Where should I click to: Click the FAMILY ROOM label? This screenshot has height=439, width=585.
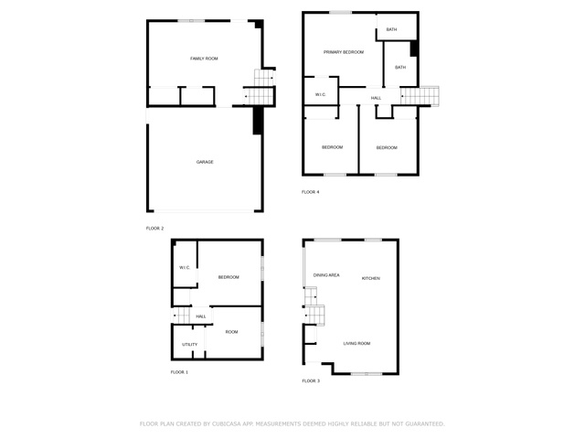[x=204, y=59]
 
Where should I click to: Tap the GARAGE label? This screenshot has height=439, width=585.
[x=205, y=162]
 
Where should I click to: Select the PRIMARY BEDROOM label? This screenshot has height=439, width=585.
[x=344, y=52]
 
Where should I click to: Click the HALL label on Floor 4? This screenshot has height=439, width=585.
[x=376, y=98]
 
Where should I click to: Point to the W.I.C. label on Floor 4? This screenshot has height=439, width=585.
[x=321, y=95]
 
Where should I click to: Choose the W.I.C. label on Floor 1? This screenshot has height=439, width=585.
[x=185, y=268]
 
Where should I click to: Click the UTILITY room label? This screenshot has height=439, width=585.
[x=190, y=345]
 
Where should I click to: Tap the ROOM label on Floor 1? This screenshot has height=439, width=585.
[x=231, y=332]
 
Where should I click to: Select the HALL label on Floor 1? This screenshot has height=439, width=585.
[x=201, y=316]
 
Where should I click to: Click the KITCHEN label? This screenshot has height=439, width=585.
[x=371, y=278]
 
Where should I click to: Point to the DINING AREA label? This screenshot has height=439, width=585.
[x=326, y=275]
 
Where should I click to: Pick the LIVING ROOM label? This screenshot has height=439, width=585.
[x=356, y=344]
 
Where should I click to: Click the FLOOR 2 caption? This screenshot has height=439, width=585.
[x=154, y=229]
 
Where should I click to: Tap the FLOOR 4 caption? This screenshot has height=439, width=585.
[x=311, y=192]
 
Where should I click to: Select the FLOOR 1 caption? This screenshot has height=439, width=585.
[x=179, y=372]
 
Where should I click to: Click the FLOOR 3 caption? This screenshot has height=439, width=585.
[x=311, y=381]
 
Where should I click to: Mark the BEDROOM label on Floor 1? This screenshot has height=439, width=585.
[x=229, y=277]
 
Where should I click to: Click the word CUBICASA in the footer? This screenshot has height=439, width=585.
[x=227, y=424]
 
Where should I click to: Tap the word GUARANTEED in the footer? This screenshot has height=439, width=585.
[x=425, y=424]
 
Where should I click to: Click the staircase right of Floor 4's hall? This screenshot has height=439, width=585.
[x=420, y=96]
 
